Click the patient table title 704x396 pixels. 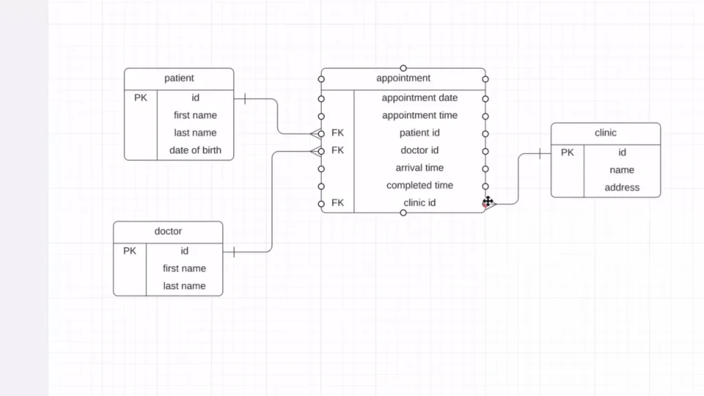click(x=179, y=78)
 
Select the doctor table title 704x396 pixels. click(x=168, y=231)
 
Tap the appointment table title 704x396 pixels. click(x=404, y=78)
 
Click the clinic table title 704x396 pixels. click(x=606, y=133)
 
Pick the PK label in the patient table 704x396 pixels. click(x=140, y=98)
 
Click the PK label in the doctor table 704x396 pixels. click(x=129, y=251)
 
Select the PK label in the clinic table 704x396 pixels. click(x=567, y=153)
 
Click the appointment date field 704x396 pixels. click(x=419, y=98)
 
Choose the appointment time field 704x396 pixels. click(x=419, y=115)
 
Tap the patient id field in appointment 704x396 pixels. click(x=419, y=133)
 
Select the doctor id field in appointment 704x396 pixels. click(x=419, y=150)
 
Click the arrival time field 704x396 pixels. click(x=419, y=168)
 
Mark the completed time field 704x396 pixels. click(x=419, y=185)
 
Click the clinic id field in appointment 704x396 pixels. click(x=419, y=203)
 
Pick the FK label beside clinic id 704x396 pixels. click(x=338, y=203)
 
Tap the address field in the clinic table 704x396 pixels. click(x=622, y=187)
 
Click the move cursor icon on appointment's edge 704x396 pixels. click(x=487, y=201)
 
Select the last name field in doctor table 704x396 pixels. click(x=184, y=286)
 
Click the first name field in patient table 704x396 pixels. click(x=195, y=115)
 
